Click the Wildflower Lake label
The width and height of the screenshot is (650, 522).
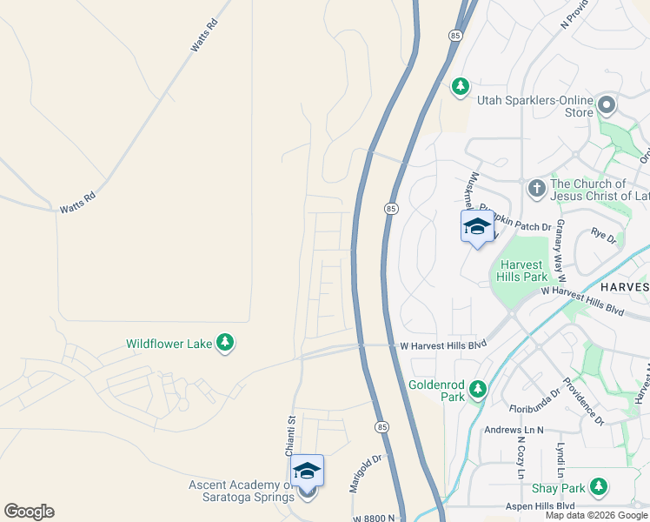tap(169, 344)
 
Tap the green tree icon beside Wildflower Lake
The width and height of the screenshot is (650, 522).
tap(225, 343)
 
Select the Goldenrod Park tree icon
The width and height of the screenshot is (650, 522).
tap(477, 391)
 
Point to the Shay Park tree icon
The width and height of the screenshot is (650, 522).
tap(599, 486)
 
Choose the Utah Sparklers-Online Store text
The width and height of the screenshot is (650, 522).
tap(535, 106)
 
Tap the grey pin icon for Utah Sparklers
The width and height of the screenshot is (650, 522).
tap(607, 107)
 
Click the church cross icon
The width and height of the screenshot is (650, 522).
tap(536, 187)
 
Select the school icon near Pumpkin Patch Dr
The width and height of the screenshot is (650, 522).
tap(476, 226)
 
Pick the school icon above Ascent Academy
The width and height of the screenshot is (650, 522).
tap(307, 471)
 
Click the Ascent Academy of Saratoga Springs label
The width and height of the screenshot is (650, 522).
tap(240, 491)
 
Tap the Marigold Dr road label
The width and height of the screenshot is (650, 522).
tap(366, 473)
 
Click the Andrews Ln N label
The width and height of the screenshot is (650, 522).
tap(514, 430)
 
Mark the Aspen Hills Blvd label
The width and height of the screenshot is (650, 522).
tap(541, 505)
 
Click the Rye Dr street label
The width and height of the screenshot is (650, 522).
tap(603, 235)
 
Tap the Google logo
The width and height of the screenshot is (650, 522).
tap(29, 512)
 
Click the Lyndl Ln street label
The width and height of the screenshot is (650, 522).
tap(560, 460)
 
